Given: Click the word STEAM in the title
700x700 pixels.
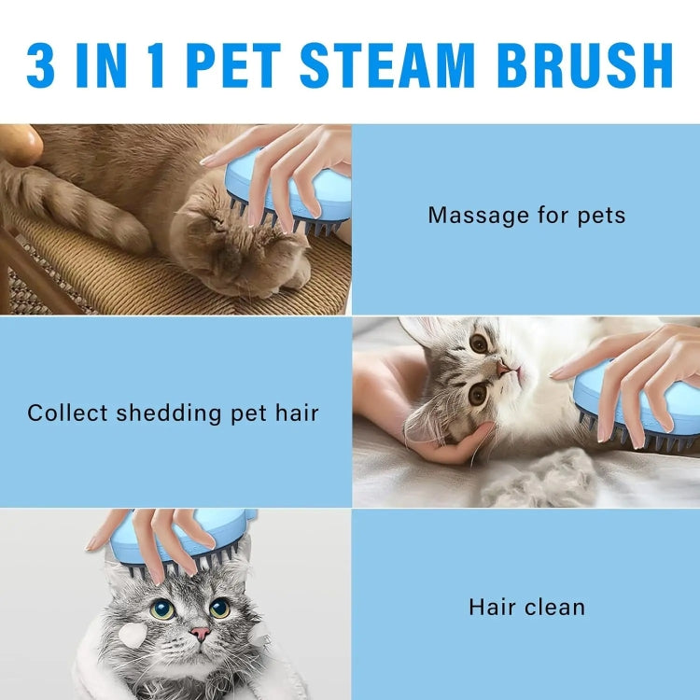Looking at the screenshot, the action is [387, 65].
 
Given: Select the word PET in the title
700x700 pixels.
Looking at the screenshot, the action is [233, 65].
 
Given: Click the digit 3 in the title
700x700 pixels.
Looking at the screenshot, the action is [41, 65].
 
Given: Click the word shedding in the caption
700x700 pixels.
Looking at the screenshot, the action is [169, 413].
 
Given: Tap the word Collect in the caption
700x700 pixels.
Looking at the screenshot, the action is [67, 413].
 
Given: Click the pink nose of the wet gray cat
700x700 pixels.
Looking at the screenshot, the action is [200, 633].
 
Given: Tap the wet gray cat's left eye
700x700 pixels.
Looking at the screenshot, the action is [162, 609].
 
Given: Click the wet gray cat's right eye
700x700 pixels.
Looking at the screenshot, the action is [219, 608].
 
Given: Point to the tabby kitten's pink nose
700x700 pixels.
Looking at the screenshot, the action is [503, 369].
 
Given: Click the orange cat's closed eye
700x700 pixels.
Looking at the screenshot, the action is [217, 220].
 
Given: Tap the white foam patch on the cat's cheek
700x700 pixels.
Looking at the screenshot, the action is [133, 634].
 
